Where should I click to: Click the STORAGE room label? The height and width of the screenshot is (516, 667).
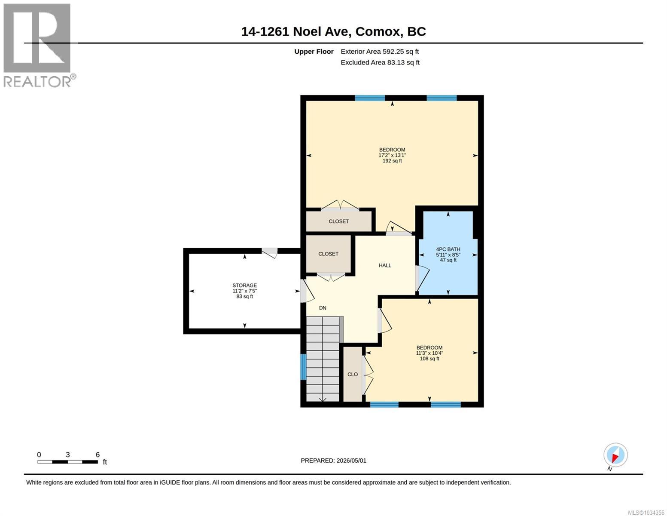click(244, 285)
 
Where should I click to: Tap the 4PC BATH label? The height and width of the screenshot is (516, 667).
click(448, 249)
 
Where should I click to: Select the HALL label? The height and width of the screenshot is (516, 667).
click(384, 265)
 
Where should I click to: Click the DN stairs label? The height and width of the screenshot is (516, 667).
click(322, 307)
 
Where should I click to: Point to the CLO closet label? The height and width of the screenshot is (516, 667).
click(352, 374)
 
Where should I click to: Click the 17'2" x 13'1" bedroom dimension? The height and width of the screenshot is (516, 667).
click(392, 155)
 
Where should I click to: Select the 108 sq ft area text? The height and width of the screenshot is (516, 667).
click(429, 358)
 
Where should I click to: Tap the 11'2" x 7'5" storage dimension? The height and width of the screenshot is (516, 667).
click(244, 291)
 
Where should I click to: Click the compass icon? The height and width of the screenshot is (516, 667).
click(615, 455)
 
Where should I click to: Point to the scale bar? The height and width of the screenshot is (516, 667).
click(67, 461)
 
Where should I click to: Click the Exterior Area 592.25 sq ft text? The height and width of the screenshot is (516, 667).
click(380, 52)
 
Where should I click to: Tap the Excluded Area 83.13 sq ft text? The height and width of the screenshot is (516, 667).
click(380, 62)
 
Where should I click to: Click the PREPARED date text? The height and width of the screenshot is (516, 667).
click(333, 461)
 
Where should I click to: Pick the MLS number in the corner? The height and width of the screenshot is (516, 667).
click(646, 513)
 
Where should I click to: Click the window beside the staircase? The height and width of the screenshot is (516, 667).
click(303, 367)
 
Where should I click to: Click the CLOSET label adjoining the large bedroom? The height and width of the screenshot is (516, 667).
click(338, 221)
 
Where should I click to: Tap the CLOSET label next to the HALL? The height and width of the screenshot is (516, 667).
click(328, 254)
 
